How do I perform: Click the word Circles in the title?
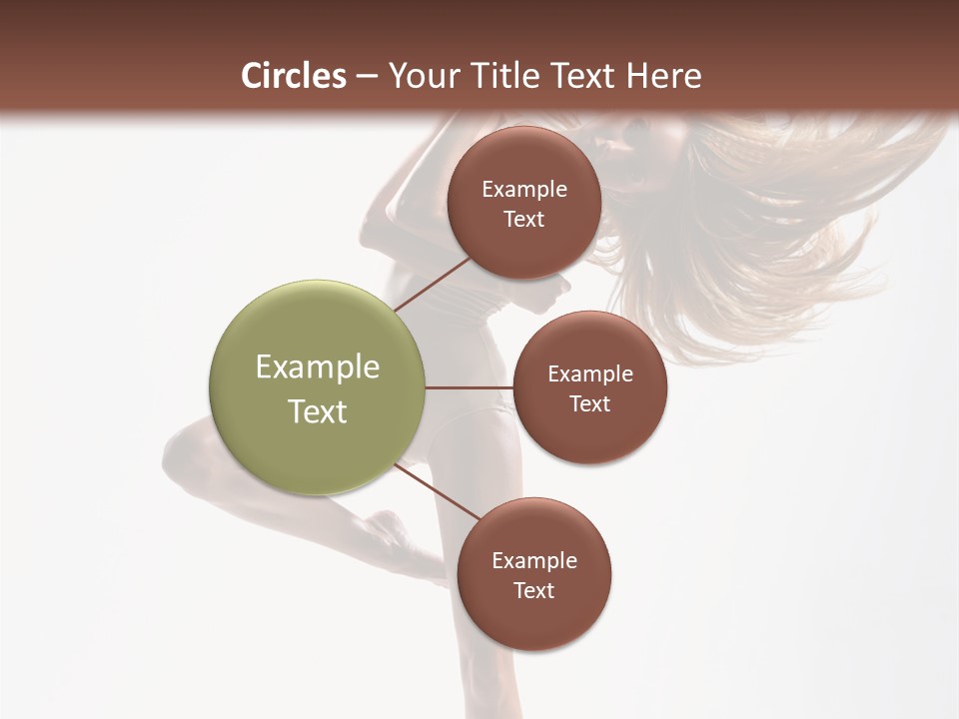click(294, 76)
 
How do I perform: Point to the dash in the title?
click(367, 77)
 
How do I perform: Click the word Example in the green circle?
click(318, 367)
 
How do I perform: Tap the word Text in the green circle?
click(318, 411)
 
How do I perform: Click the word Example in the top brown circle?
click(524, 190)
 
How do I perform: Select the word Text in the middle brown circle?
click(589, 403)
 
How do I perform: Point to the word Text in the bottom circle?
click(534, 590)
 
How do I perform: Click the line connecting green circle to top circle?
click(433, 284)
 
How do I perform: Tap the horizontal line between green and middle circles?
click(469, 387)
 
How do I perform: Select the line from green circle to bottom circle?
click(437, 491)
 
